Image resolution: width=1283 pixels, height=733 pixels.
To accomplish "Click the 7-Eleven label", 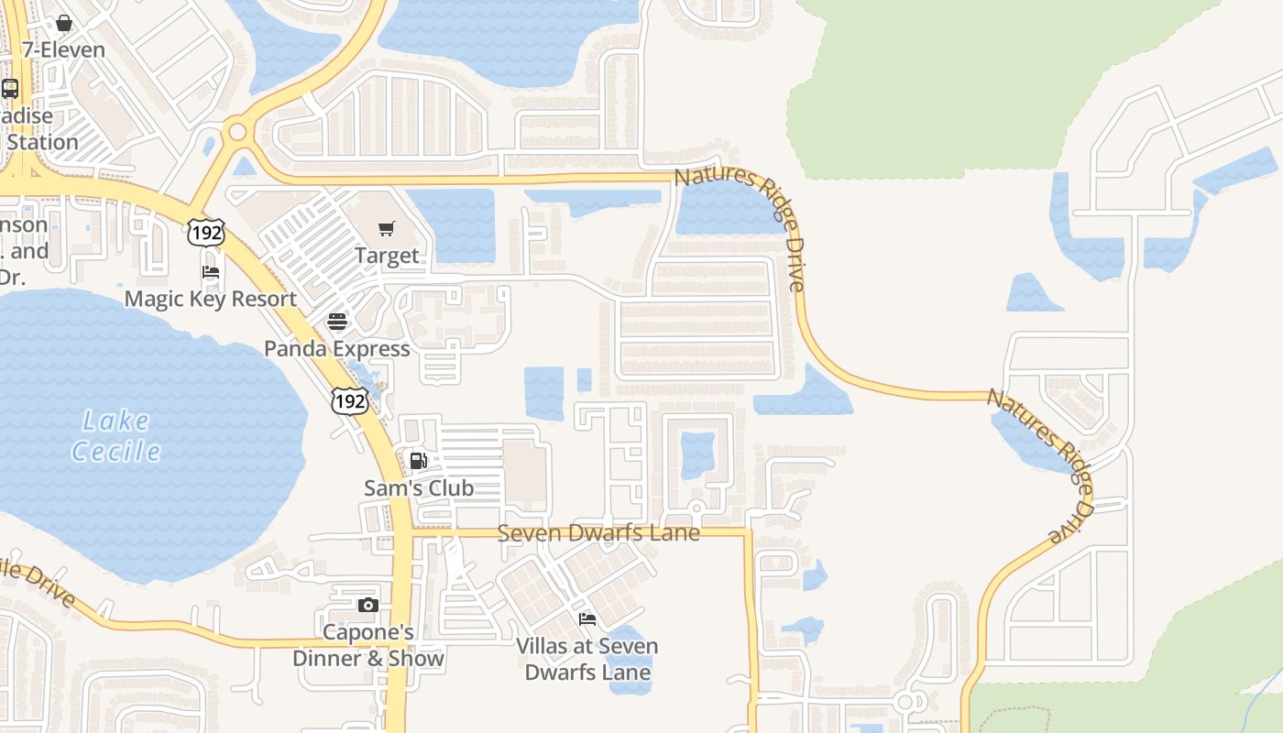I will pos(63,49).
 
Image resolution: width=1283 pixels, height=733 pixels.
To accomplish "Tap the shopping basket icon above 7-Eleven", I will pos(64,23).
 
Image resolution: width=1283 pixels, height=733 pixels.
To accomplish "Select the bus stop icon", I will pos(10,89).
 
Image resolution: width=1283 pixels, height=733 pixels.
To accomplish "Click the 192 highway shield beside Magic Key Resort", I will pos(205,233).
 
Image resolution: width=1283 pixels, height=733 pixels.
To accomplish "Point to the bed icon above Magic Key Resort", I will pos(211,272).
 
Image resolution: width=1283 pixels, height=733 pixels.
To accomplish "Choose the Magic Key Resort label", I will pos(211,299).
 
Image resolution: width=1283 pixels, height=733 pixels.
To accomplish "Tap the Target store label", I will pos(387,256).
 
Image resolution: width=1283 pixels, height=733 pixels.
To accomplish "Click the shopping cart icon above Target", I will pos(387,228).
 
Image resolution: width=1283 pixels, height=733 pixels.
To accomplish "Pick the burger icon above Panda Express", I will pos(337,322).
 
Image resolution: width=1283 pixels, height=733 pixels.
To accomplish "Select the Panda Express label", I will pos(337,349).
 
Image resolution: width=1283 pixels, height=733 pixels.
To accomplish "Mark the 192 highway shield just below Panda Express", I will pos(350,399).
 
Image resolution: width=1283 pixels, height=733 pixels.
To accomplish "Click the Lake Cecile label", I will pos(116,435).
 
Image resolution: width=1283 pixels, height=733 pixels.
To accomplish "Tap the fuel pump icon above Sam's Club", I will pos(419,461).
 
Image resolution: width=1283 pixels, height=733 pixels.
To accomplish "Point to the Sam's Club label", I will pos(419,487).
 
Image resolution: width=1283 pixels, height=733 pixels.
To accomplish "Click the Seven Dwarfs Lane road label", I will pos(598,532).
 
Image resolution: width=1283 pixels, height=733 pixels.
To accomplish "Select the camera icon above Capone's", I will pos(368,605).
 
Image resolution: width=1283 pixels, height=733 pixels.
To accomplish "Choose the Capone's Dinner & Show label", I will pos(368,645).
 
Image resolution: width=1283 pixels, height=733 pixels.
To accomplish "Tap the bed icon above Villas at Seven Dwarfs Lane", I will pos(587,619).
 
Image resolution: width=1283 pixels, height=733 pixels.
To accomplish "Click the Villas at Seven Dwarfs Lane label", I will pos(587,659).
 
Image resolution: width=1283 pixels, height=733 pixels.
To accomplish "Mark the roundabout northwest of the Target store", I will pos(238,131).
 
